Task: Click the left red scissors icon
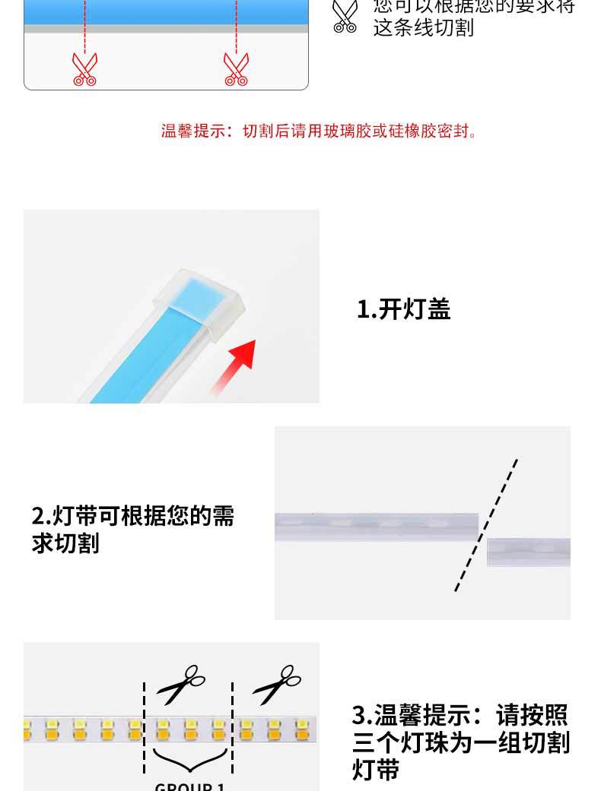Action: pos(84,68)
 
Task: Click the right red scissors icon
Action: pos(236,68)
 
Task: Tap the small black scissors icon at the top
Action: pos(345,17)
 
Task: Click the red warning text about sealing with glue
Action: pos(320,131)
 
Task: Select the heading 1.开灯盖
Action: pos(404,309)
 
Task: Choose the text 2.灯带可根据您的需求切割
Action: pos(133,530)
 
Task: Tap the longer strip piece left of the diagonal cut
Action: pos(376,526)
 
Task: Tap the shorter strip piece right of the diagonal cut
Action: pos(529,552)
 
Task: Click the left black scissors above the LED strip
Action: pos(181,683)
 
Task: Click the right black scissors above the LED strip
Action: pos(277,683)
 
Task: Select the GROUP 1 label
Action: pos(189,786)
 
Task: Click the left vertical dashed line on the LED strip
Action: pos(145,726)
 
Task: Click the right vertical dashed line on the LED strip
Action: pos(232,726)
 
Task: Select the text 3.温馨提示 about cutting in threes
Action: pos(460,742)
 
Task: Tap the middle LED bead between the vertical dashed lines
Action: pos(189,730)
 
